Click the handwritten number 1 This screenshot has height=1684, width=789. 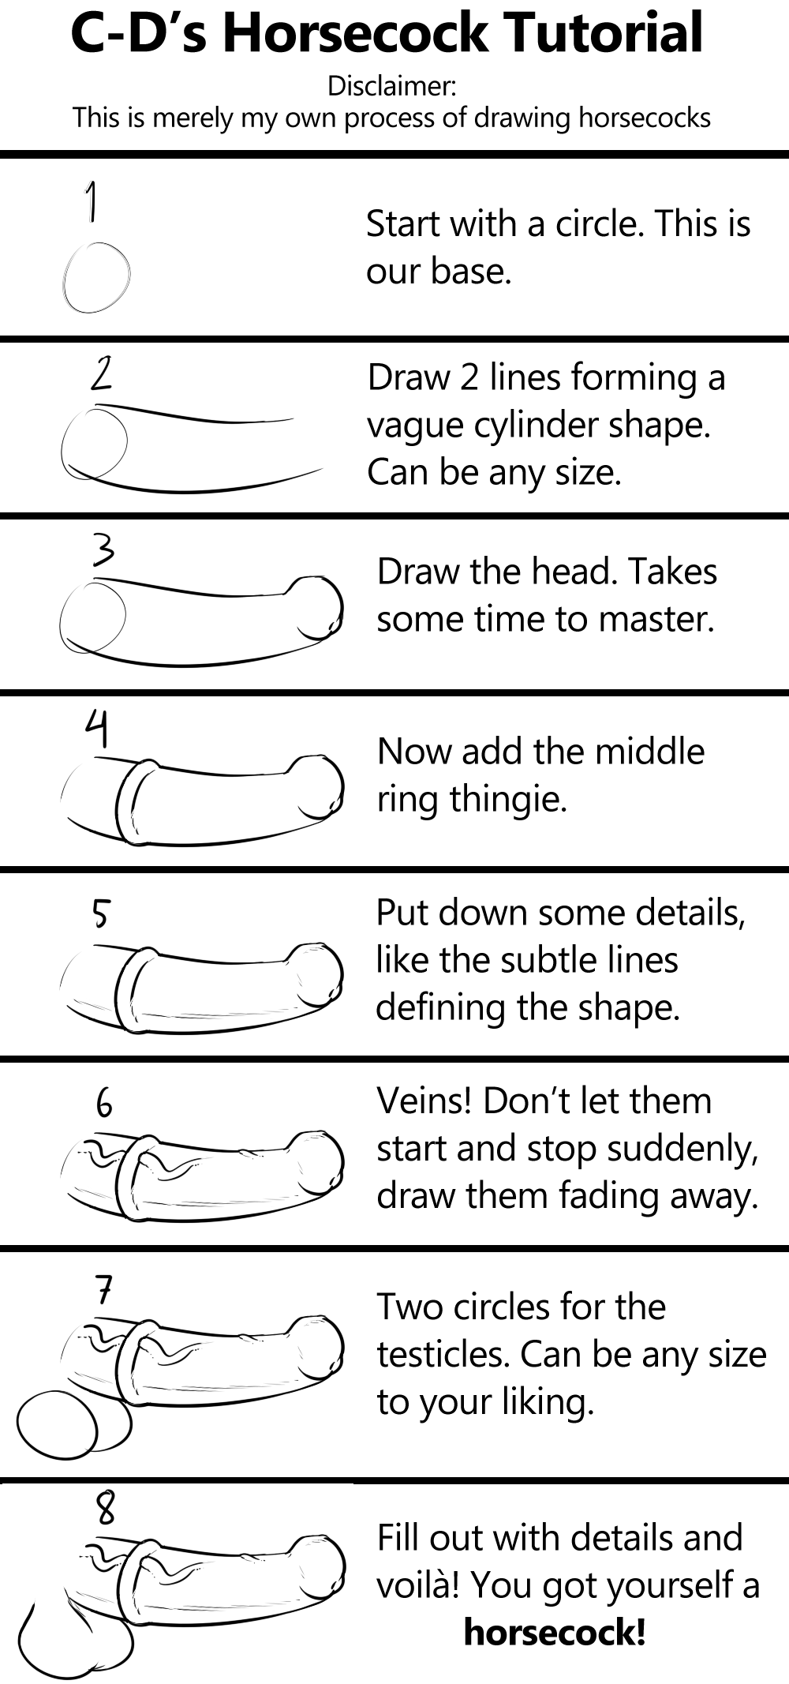click(x=92, y=201)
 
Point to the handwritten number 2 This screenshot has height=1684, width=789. click(x=101, y=373)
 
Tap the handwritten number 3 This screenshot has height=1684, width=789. click(x=103, y=549)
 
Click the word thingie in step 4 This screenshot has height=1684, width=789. click(x=508, y=799)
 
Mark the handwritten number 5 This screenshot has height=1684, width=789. click(x=100, y=913)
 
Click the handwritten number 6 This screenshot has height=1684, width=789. click(x=104, y=1102)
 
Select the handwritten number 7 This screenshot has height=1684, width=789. click(x=105, y=1291)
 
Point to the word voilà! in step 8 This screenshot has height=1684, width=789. click(x=418, y=1585)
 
